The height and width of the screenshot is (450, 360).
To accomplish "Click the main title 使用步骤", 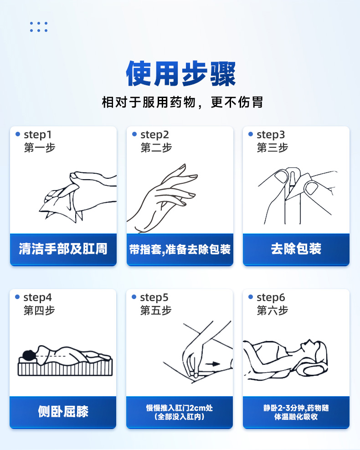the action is click(181, 74).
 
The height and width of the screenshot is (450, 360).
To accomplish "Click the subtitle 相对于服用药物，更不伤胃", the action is click(182, 102).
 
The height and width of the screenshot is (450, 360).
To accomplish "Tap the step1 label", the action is click(37, 134).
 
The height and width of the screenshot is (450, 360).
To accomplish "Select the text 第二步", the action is click(156, 148).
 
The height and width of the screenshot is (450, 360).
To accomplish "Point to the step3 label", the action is click(271, 134).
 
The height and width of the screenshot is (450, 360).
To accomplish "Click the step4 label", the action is click(37, 298).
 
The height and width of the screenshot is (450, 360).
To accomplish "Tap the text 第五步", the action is click(156, 310).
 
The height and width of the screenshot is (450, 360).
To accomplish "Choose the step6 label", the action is click(271, 298).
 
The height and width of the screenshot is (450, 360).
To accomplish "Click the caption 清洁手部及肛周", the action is click(63, 249).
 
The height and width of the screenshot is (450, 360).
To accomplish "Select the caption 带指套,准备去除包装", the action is click(180, 249).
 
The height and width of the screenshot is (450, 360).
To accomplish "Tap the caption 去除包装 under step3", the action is click(296, 248).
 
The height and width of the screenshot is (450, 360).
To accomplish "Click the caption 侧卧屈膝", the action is click(63, 412).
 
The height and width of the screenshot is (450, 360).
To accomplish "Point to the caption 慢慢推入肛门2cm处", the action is click(180, 408).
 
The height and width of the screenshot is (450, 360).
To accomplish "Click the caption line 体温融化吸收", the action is click(296, 417).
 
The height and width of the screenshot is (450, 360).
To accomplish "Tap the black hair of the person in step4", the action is click(29, 355).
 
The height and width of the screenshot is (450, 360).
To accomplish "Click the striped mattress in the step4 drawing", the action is click(65, 368).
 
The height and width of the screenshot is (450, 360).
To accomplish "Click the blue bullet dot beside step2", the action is click(134, 134).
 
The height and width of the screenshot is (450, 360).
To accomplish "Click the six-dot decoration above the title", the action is click(39, 27).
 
